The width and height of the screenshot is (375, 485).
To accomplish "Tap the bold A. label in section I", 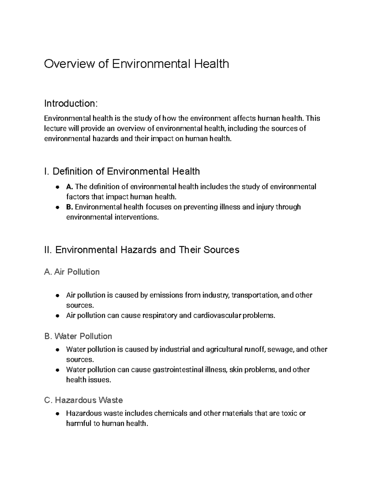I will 69,187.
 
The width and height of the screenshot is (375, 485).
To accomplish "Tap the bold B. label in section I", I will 69,207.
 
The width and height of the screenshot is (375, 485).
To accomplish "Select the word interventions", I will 136,217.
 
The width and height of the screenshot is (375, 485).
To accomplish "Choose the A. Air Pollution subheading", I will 72,272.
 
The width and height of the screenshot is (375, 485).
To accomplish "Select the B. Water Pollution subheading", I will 78,336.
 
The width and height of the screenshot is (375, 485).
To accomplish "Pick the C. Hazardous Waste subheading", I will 83,400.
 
